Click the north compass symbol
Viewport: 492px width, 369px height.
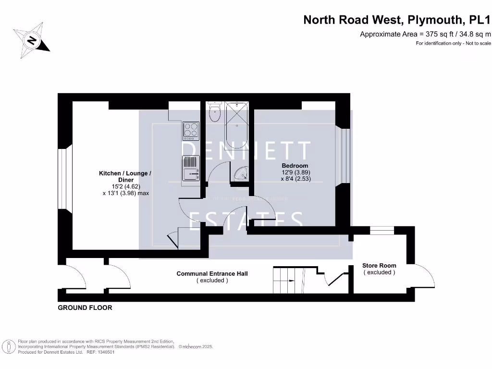[x=32, y=40]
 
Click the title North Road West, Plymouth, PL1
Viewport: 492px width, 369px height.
[x=397, y=20]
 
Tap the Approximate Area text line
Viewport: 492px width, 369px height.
[x=426, y=34]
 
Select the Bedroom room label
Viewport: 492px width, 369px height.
[x=295, y=166]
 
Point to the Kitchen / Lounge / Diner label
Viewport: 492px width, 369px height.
[x=125, y=176]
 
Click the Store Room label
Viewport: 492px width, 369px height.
[x=379, y=265]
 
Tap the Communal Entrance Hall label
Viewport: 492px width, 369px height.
[x=212, y=274]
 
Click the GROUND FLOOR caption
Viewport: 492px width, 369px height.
[x=85, y=307]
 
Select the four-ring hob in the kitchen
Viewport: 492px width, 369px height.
[x=191, y=130]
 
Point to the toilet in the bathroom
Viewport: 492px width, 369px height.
[x=214, y=113]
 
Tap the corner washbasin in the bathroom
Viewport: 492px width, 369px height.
[x=240, y=174]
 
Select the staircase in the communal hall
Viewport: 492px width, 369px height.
[x=289, y=280]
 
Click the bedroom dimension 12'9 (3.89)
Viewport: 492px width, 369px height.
[x=295, y=172]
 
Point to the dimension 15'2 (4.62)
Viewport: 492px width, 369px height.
[x=126, y=186]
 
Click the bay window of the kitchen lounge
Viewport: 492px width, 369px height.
[x=64, y=179]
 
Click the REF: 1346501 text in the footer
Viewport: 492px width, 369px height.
[x=100, y=352]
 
